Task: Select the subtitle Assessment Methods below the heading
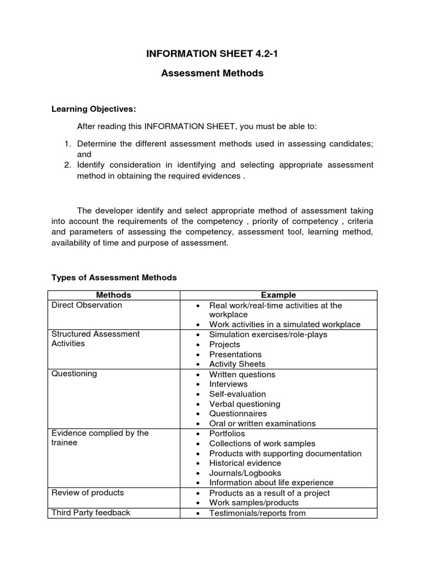click(212, 73)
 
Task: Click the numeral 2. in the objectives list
click(68, 165)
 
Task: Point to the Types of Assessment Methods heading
click(114, 277)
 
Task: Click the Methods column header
click(113, 295)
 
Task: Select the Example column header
click(278, 295)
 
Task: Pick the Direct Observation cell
click(87, 305)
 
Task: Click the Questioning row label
click(74, 374)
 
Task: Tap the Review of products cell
click(87, 492)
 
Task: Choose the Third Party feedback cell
click(91, 512)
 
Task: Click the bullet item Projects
click(225, 344)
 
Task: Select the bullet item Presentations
click(235, 354)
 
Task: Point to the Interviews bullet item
click(228, 384)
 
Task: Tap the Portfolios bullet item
click(227, 434)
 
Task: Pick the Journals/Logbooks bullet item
click(245, 473)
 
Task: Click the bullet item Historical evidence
click(245, 463)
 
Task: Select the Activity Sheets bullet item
click(237, 364)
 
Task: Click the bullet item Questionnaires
click(238, 414)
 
